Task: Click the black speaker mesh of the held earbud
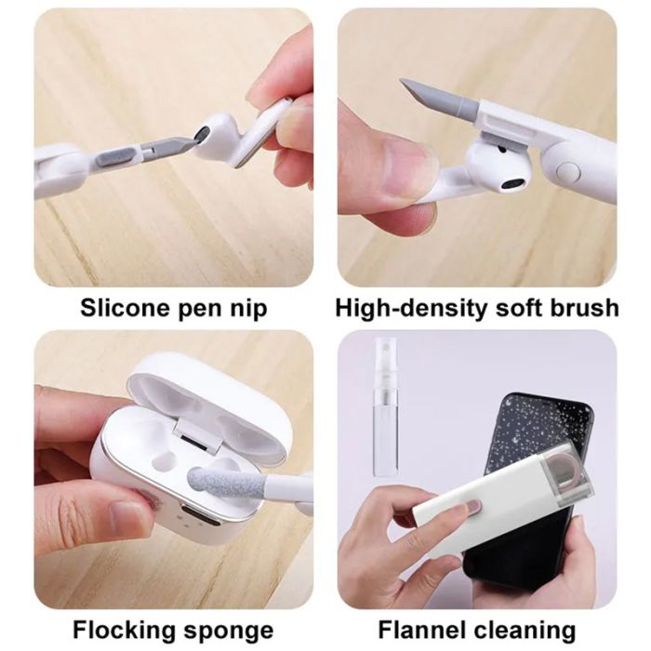coord(511,183)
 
